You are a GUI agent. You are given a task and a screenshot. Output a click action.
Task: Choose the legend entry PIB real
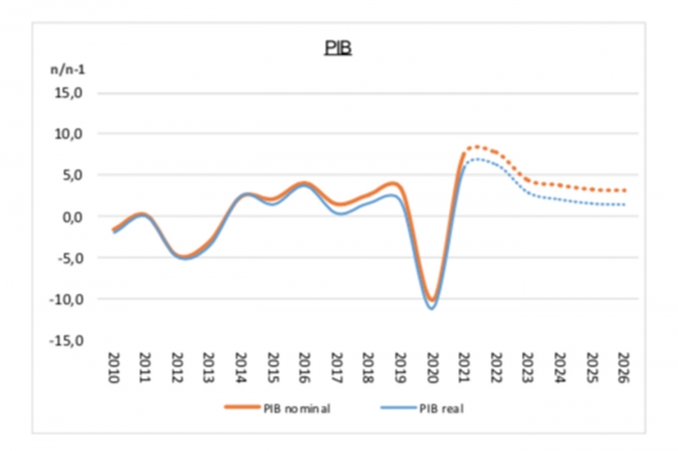[432, 408]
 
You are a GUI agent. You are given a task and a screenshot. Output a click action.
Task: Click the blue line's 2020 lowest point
[432, 308]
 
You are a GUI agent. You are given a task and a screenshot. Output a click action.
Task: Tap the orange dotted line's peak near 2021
[474, 147]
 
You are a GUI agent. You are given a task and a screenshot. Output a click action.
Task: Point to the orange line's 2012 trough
[181, 257]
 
